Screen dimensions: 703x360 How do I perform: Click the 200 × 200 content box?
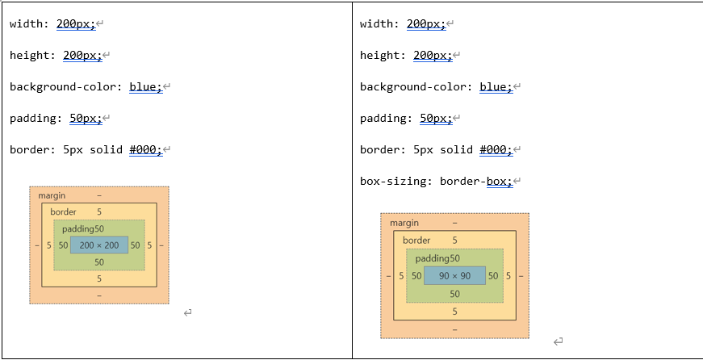[99, 245]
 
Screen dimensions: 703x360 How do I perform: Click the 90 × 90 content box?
[454, 275]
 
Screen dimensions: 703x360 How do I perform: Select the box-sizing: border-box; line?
[437, 181]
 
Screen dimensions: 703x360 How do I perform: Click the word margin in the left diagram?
[52, 195]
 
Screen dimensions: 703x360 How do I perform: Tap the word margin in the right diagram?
[404, 222]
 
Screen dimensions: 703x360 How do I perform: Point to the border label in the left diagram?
[63, 211]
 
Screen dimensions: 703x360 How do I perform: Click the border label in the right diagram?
[416, 240]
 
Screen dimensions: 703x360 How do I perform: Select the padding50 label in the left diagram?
[83, 228]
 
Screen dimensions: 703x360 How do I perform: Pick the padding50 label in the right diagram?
[437, 257]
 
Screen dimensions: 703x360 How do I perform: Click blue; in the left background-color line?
[146, 86]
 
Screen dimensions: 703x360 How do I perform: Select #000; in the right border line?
[496, 149]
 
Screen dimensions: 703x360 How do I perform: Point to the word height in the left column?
[29, 55]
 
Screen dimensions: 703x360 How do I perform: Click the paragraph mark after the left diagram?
[187, 312]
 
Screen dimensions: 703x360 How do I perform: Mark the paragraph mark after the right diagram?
[557, 342]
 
